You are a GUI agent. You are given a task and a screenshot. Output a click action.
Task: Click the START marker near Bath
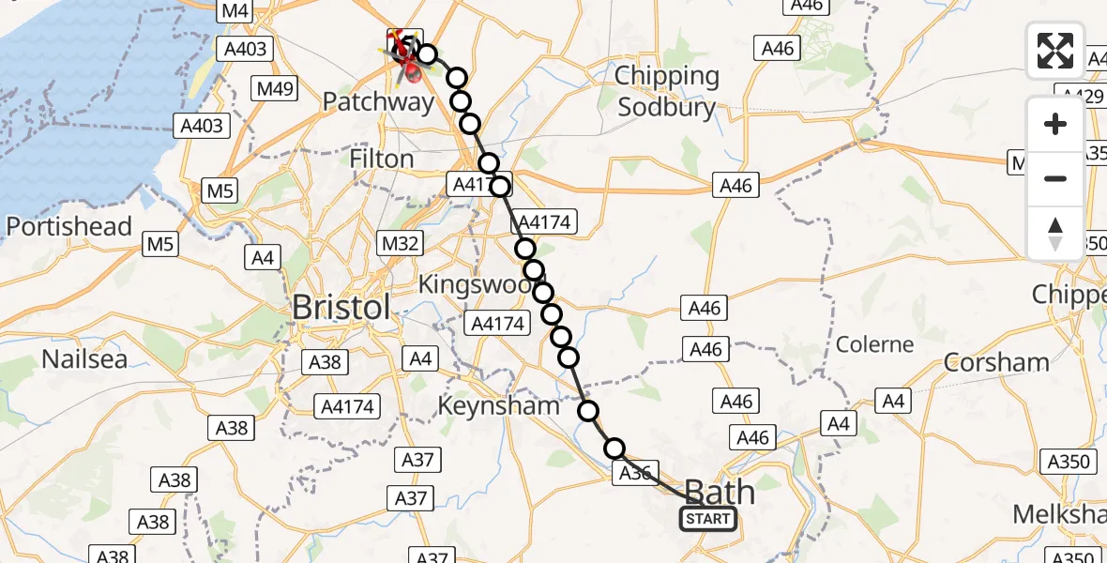pyautogui.click(x=707, y=519)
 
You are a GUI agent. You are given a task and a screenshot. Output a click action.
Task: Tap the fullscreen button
pyautogui.click(x=1055, y=51)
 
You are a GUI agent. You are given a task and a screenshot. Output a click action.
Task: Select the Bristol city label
pyautogui.click(x=341, y=307)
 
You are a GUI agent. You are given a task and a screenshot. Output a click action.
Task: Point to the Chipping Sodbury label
pyautogui.click(x=667, y=91)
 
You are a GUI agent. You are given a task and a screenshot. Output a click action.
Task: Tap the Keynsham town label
pyautogui.click(x=498, y=406)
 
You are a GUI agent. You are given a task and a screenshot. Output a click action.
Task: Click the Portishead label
pyautogui.click(x=69, y=226)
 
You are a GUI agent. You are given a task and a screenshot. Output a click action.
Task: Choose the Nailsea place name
pyautogui.click(x=84, y=358)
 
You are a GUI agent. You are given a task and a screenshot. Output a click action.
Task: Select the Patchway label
pyautogui.click(x=378, y=101)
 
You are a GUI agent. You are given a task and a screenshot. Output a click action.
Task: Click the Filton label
pyautogui.click(x=382, y=159)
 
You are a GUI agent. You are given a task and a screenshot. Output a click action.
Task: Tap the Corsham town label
pyautogui.click(x=996, y=362)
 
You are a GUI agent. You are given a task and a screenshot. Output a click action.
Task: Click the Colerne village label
pyautogui.click(x=874, y=343)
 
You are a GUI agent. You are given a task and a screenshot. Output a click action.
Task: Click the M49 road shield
pyautogui.click(x=276, y=90)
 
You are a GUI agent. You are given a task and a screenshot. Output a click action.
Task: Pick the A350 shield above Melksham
pyautogui.click(x=1069, y=461)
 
